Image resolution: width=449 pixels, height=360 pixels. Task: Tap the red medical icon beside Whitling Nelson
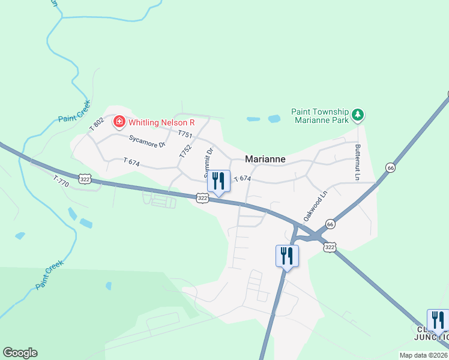pos(119,122)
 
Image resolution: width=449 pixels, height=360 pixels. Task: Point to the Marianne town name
pos(265,160)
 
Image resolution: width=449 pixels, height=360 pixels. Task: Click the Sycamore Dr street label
pos(147,142)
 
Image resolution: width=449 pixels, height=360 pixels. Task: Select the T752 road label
pos(185,151)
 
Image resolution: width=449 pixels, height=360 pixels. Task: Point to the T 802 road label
pos(97,124)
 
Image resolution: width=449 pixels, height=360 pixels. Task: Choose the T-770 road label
pos(61,179)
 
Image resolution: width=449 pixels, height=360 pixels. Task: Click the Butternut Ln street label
pos(357,162)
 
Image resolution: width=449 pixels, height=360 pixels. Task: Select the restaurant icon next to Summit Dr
pos(218,181)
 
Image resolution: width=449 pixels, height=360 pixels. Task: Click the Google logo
pos(20,353)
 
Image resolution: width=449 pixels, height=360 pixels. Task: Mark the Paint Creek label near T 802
pos(74,111)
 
